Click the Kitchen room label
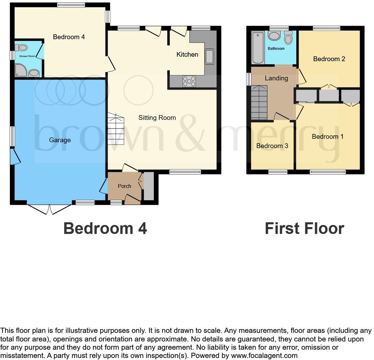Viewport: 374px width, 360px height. [x=187, y=54]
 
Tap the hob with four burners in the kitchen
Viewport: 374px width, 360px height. [x=189, y=81]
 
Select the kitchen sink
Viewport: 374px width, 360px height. [x=209, y=57]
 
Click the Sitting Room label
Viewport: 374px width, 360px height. [x=157, y=118]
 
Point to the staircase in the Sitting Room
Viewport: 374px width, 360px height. [x=116, y=131]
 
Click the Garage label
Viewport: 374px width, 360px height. [x=60, y=140]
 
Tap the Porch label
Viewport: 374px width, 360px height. [x=124, y=186]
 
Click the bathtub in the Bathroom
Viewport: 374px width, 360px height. [x=257, y=47]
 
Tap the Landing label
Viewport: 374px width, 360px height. [x=276, y=78]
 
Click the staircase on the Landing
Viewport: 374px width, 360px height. [x=259, y=102]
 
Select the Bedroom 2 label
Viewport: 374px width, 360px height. [x=329, y=59]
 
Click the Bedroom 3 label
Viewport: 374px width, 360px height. [x=272, y=146]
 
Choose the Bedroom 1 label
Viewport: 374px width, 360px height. [x=328, y=137]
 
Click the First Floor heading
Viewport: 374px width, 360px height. [x=304, y=228]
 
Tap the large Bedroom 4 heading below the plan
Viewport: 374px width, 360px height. [x=105, y=228]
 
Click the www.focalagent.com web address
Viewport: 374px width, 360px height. [x=263, y=356]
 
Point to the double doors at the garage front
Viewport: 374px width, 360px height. [x=49, y=209]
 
